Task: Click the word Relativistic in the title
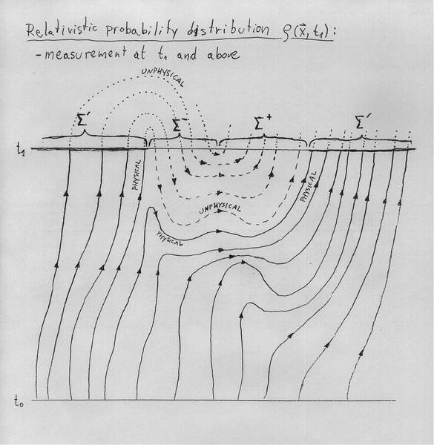coord(62,29)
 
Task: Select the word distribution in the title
coord(228,30)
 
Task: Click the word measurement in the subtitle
coord(81,53)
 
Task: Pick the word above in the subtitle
coord(223,54)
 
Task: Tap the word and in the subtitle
coord(186,54)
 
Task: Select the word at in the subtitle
coord(140,53)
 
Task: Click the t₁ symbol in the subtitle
coord(162,54)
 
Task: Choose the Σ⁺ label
coord(263,122)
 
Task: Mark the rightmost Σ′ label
coord(361,122)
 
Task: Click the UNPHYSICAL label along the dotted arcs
coord(163,76)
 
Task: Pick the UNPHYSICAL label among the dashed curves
coord(220,208)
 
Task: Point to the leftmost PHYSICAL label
coord(137,175)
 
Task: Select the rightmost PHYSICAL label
coord(309,186)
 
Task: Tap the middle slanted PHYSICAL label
coord(169,238)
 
